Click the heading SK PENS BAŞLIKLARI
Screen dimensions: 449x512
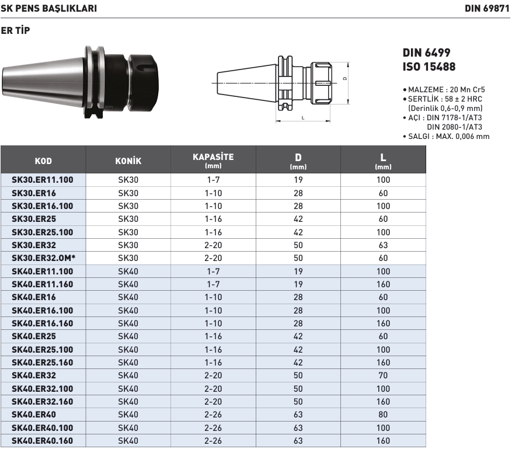pyautogui.click(x=48, y=9)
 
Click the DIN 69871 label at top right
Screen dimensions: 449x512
pyautogui.click(x=487, y=9)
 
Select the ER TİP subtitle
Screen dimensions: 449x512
pyautogui.click(x=15, y=30)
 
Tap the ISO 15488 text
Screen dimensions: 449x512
pyautogui.click(x=429, y=67)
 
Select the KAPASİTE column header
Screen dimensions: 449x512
pyautogui.click(x=213, y=160)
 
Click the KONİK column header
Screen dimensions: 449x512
pyautogui.click(x=128, y=161)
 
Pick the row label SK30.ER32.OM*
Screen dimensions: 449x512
pyautogui.click(x=43, y=258)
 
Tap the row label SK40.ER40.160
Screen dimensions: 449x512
pyautogui.click(x=43, y=441)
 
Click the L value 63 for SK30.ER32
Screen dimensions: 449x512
pyautogui.click(x=383, y=245)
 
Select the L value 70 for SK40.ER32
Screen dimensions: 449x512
pyautogui.click(x=383, y=376)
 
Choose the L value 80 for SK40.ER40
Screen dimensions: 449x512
pyautogui.click(x=383, y=415)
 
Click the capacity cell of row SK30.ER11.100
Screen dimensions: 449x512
pyautogui.click(x=213, y=180)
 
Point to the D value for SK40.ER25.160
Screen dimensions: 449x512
pyautogui.click(x=298, y=363)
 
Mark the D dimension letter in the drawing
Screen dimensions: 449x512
pyautogui.click(x=345, y=78)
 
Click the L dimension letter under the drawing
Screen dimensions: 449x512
pyautogui.click(x=302, y=118)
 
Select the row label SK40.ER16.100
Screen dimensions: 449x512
pyautogui.click(x=43, y=311)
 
